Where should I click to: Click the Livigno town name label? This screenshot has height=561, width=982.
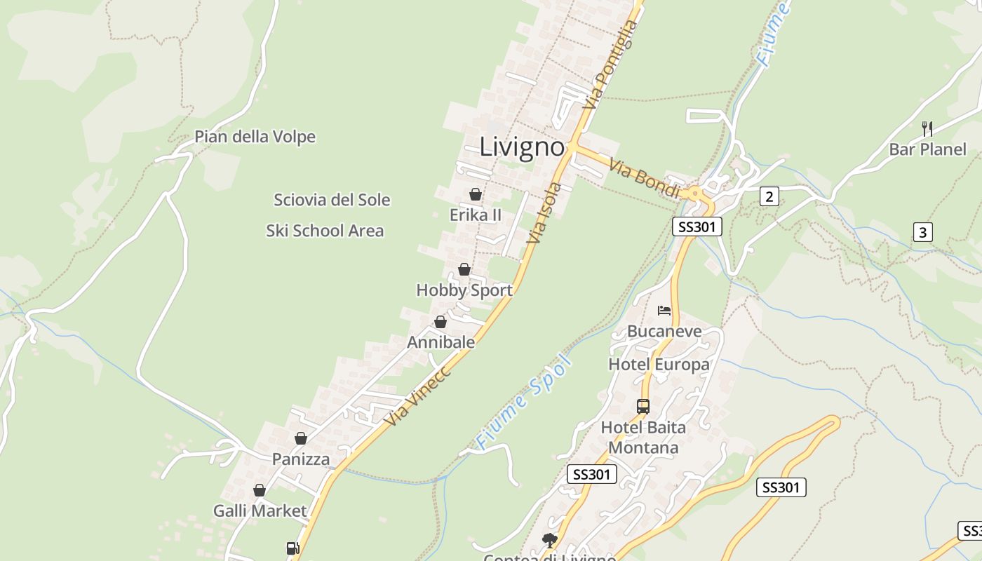(x=522, y=147)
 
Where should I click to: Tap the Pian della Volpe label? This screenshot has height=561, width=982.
(x=255, y=137)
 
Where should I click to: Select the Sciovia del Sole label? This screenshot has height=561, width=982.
(x=332, y=200)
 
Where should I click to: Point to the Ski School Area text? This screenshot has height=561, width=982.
(x=325, y=231)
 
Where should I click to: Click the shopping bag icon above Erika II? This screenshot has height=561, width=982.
(x=476, y=194)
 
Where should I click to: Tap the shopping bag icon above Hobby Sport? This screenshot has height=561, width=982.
(x=464, y=269)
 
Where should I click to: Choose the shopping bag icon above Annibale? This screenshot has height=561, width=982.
(x=440, y=322)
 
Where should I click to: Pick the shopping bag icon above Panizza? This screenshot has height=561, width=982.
(x=301, y=438)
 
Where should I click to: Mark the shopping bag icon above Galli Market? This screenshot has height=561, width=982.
(x=260, y=490)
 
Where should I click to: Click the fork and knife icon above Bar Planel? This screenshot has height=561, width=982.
(x=927, y=128)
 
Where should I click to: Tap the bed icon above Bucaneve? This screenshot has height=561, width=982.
(x=664, y=311)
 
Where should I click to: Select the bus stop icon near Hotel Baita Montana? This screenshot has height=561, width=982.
(x=643, y=406)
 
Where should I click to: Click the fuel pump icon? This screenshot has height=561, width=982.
(x=293, y=548)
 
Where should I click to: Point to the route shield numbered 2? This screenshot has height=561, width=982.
(x=769, y=196)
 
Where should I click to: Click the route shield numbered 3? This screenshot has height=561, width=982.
(x=922, y=232)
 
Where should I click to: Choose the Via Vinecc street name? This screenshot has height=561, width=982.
(x=418, y=396)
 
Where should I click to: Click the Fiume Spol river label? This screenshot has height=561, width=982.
(x=524, y=403)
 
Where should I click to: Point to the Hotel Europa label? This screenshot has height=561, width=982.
(x=659, y=365)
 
